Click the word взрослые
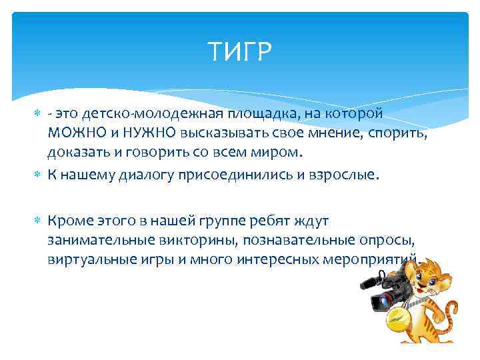coord(344,175)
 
